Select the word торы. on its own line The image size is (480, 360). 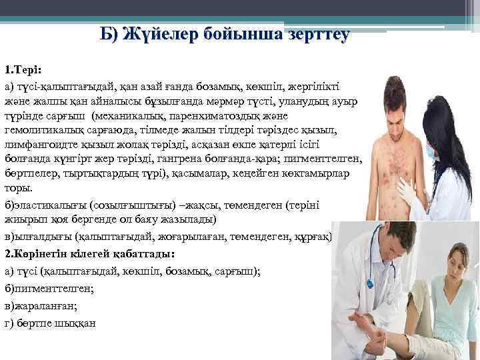coord(16,188)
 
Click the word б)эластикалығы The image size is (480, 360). coord(39,203)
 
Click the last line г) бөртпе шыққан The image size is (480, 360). coord(51,323)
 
